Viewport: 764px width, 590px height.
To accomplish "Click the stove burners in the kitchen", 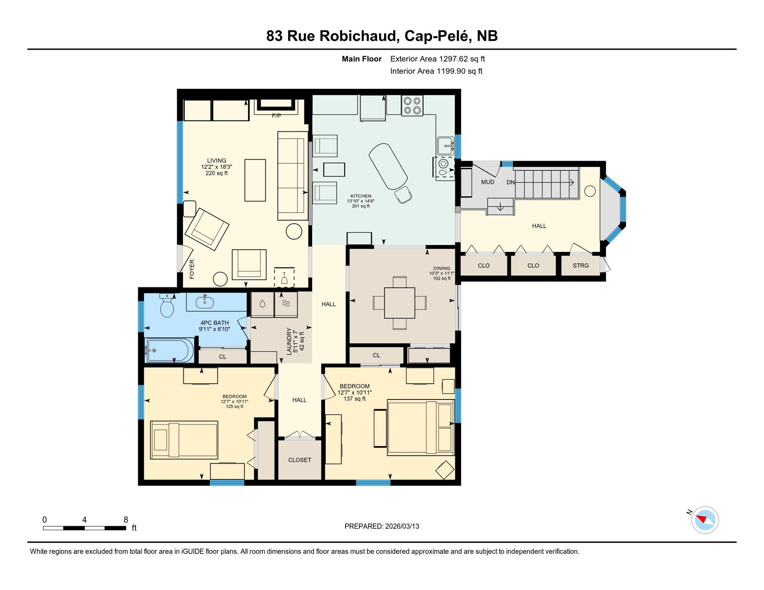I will click(x=412, y=106).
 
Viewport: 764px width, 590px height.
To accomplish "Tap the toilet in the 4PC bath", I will click(x=167, y=306).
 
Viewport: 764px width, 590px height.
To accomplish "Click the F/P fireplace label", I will click(x=276, y=116).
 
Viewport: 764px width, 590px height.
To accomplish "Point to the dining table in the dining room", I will click(x=399, y=303).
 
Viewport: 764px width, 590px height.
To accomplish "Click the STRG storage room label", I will click(x=580, y=265).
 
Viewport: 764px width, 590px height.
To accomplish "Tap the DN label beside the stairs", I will click(x=510, y=182).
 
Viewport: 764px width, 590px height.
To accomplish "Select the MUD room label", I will click(x=487, y=182).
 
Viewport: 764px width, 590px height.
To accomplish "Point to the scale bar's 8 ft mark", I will click(x=126, y=520).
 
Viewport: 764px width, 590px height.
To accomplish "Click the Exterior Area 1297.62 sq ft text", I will click(x=437, y=59).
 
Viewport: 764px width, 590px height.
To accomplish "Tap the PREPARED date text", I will click(x=382, y=526).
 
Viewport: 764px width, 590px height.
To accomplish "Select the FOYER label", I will click(x=192, y=269).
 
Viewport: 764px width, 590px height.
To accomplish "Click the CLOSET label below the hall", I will click(x=299, y=460).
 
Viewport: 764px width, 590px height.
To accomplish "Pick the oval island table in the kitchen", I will click(x=388, y=166).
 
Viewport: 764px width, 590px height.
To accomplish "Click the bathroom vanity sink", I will click(x=204, y=302).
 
